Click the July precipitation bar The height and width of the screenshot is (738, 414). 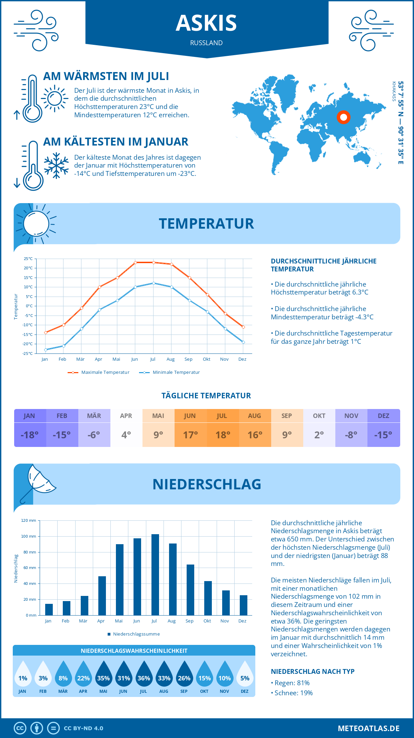click(x=155, y=575)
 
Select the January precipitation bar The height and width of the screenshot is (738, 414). click(x=49, y=609)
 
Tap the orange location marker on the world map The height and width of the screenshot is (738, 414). click(x=343, y=117)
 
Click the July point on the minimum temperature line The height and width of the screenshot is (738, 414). click(x=154, y=283)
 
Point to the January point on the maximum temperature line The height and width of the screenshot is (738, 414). click(x=46, y=332)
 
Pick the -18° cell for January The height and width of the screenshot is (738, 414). click(x=30, y=435)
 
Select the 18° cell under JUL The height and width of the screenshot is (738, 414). click(x=223, y=435)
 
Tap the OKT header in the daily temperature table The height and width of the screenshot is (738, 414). click(x=319, y=416)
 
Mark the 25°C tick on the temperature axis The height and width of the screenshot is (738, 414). click(x=28, y=259)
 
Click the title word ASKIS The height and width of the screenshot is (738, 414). click(x=206, y=23)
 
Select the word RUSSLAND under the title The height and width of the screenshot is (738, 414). click(x=206, y=43)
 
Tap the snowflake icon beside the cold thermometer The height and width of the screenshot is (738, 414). click(x=56, y=166)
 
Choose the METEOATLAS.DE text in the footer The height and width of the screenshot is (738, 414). click(x=368, y=728)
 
